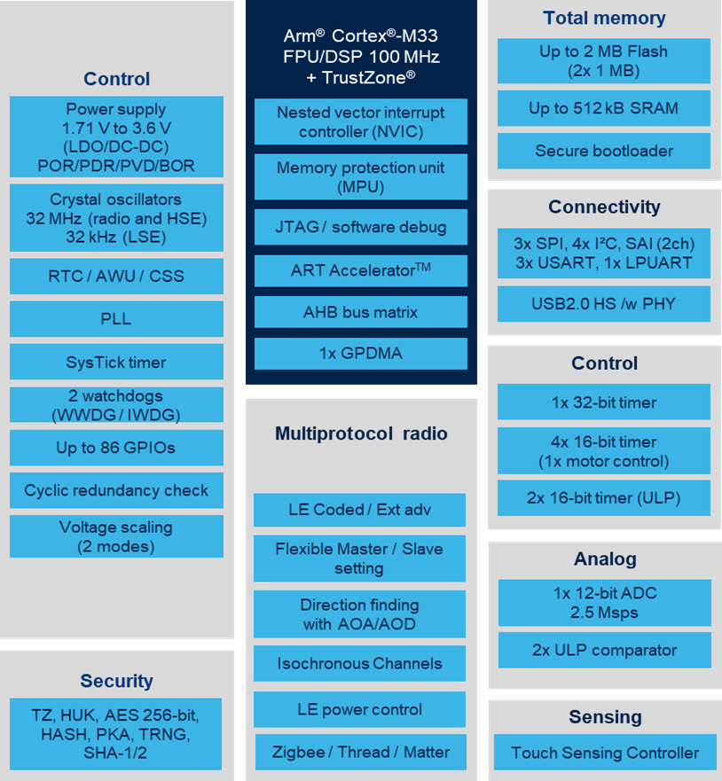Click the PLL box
tap(116, 319)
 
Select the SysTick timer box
tap(116, 362)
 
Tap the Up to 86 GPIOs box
tap(116, 448)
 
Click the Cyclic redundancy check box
tap(116, 490)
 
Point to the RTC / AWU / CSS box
tap(116, 276)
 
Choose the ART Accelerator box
tap(361, 270)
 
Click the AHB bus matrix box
tap(361, 312)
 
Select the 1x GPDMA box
tap(361, 353)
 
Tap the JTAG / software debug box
tap(361, 227)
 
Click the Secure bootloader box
tap(604, 151)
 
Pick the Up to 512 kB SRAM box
tap(604, 108)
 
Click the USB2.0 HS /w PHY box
tap(604, 303)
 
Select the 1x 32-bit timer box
tap(604, 402)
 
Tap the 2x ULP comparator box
tap(604, 650)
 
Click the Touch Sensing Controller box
tap(605, 752)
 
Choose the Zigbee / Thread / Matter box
tap(361, 752)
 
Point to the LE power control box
tap(360, 709)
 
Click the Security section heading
tap(116, 681)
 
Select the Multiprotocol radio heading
tap(361, 433)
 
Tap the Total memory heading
tap(604, 18)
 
